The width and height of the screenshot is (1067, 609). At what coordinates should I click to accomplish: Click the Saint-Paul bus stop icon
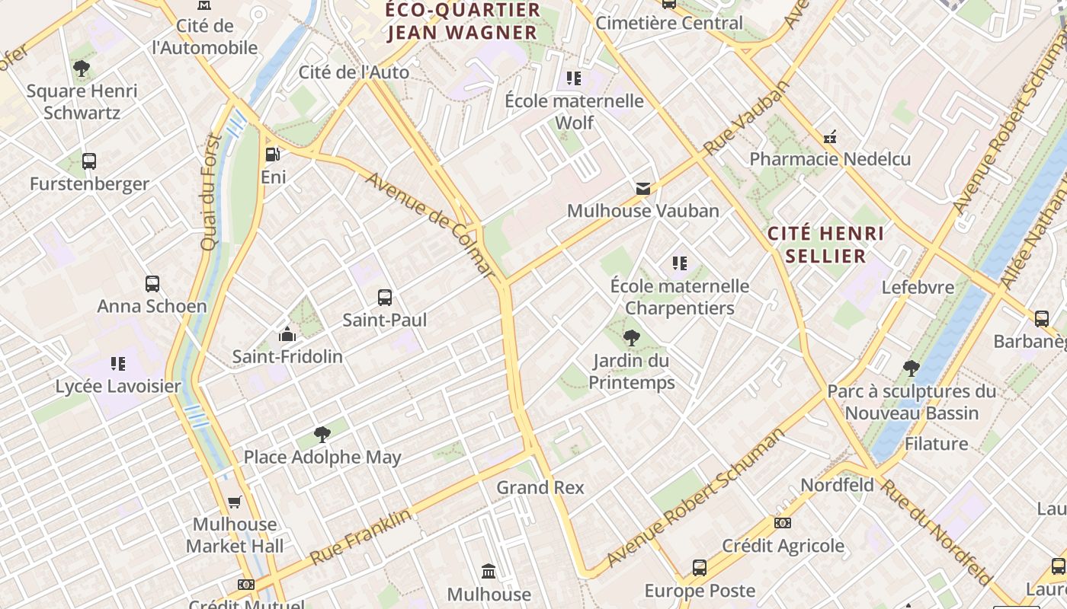(x=385, y=298)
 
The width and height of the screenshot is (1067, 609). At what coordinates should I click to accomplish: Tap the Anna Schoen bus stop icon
(x=152, y=284)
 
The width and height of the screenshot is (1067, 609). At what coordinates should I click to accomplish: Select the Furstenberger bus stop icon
(x=89, y=161)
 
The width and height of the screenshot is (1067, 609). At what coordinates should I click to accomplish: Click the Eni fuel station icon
(x=272, y=155)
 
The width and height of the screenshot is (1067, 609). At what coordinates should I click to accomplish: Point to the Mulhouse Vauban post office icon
(x=643, y=188)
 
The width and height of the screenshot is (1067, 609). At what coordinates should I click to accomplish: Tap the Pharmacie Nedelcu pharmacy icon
(x=830, y=137)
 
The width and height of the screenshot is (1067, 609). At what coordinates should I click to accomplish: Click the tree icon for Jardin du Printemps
(x=631, y=338)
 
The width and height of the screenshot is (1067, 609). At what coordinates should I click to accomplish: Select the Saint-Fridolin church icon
(x=287, y=334)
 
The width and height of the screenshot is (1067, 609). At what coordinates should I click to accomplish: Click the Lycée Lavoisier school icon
(x=117, y=364)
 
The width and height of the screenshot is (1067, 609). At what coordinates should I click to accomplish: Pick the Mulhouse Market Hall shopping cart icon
(x=235, y=502)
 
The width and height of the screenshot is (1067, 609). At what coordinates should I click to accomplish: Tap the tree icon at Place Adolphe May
(x=322, y=435)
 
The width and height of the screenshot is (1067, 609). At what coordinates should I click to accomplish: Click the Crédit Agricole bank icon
(x=783, y=523)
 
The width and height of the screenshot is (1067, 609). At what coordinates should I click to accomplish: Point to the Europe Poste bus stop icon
(x=700, y=568)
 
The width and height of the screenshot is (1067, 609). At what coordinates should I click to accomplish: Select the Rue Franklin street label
(x=360, y=537)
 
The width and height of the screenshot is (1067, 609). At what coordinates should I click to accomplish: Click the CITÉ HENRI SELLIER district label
(x=826, y=244)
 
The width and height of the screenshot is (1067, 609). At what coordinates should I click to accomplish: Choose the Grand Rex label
(x=540, y=487)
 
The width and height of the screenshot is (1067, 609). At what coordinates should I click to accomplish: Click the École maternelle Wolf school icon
(x=574, y=78)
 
